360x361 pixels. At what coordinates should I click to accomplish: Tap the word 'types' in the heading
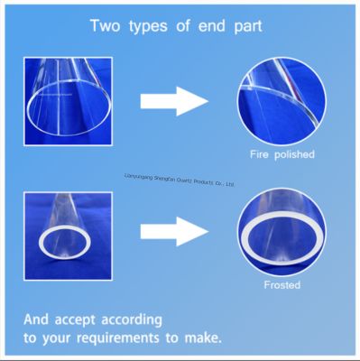pyautogui.click(x=152, y=24)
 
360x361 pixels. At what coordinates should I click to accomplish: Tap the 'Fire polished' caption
pyautogui.click(x=282, y=154)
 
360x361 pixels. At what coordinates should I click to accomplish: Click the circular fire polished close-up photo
pyautogui.click(x=282, y=100)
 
